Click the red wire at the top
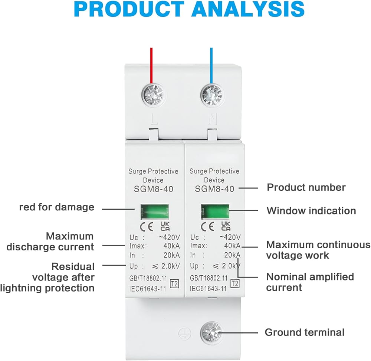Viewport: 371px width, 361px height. (x=151, y=65)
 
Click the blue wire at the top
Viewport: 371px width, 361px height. (x=211, y=65)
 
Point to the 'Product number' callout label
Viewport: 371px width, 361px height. (x=306, y=187)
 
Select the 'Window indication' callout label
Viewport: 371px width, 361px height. (x=311, y=211)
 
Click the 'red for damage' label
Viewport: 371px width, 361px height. (x=57, y=207)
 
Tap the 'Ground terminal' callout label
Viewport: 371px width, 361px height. (x=304, y=332)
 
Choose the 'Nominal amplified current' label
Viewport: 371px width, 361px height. (x=310, y=282)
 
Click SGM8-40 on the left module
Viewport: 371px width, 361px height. (x=153, y=189)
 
